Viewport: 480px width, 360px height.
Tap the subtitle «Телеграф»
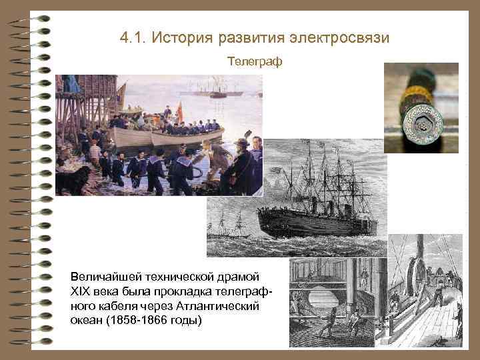[x=255, y=62]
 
